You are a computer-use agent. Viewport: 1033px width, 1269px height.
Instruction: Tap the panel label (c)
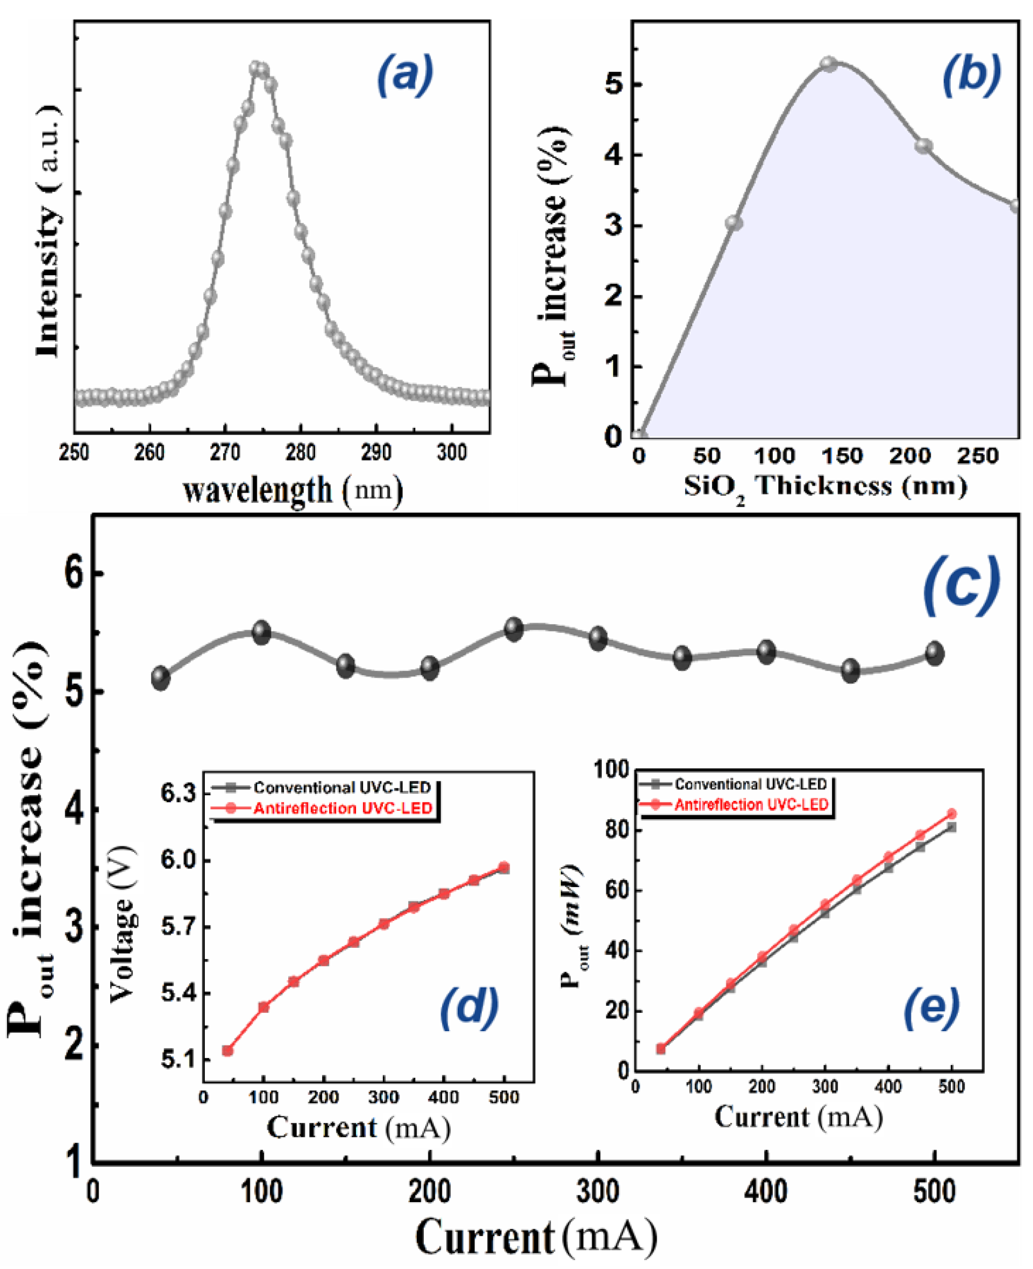click(960, 587)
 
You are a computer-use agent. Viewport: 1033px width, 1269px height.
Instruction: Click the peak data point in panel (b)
click(829, 64)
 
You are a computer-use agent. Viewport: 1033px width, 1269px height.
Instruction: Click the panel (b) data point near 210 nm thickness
click(923, 146)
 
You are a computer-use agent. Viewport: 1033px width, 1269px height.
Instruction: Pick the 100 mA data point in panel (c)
click(261, 632)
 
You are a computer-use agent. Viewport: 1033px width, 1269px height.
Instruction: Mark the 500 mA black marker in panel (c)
click(934, 654)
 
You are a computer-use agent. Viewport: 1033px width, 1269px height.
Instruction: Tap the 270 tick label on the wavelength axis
click(224, 453)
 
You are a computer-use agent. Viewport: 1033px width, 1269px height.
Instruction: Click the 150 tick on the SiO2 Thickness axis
click(842, 456)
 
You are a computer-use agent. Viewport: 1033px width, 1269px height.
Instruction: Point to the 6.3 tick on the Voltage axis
click(178, 793)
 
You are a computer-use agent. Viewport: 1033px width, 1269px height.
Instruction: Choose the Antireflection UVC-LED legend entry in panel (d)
click(343, 808)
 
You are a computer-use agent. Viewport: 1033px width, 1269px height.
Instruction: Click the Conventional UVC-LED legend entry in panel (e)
click(750, 784)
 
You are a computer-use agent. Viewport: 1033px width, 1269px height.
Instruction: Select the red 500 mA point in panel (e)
click(951, 814)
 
